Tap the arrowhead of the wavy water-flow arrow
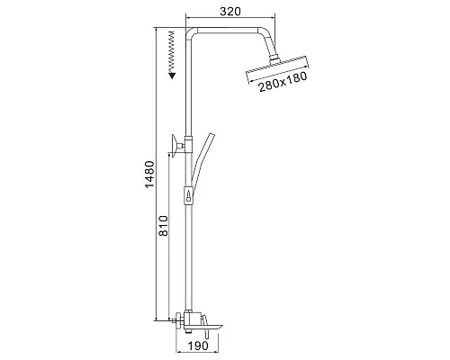tap(168, 78)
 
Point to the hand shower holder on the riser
tap(187, 193)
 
